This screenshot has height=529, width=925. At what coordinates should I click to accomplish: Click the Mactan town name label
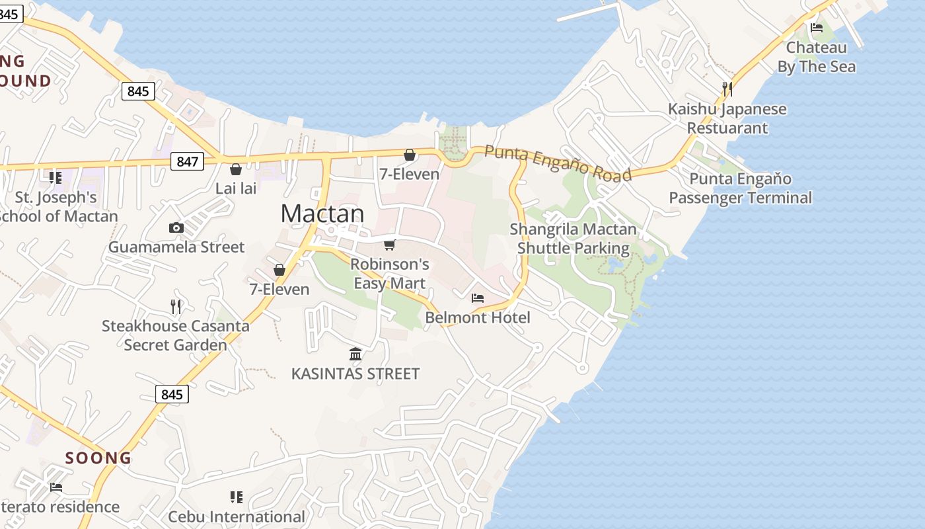point(322,214)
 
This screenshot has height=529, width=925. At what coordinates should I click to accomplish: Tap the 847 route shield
point(188,161)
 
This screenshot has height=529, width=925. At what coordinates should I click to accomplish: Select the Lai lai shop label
point(236,188)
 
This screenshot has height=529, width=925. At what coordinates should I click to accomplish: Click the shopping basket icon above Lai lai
point(236,169)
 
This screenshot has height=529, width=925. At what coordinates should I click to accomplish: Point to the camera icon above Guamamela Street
point(176,228)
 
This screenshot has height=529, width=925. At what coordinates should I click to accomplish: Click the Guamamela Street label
point(176,247)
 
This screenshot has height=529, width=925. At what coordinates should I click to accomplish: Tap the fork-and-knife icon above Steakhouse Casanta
point(176,306)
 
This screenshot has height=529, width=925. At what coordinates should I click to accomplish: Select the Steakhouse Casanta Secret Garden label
point(176,335)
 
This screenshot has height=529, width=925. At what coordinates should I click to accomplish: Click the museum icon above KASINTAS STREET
point(355,354)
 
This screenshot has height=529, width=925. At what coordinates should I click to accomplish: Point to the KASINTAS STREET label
point(355,374)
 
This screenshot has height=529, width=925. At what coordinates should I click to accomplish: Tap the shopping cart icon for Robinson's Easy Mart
point(390,245)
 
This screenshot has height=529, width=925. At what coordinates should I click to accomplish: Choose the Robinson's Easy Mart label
point(390,274)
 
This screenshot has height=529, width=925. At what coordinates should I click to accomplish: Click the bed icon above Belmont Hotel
point(478,298)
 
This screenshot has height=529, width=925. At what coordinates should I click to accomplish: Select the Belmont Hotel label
point(478,317)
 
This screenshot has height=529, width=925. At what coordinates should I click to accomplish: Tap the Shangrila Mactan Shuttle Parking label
point(573,239)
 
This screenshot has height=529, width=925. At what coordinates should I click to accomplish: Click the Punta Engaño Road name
point(558,163)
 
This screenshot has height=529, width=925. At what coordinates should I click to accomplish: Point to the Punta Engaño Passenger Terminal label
point(741,188)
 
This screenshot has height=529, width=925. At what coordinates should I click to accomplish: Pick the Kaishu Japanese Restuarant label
point(727,118)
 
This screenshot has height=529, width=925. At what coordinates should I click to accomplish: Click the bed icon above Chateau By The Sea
point(817,28)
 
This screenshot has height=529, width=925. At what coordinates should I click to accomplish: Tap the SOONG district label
point(98,458)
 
